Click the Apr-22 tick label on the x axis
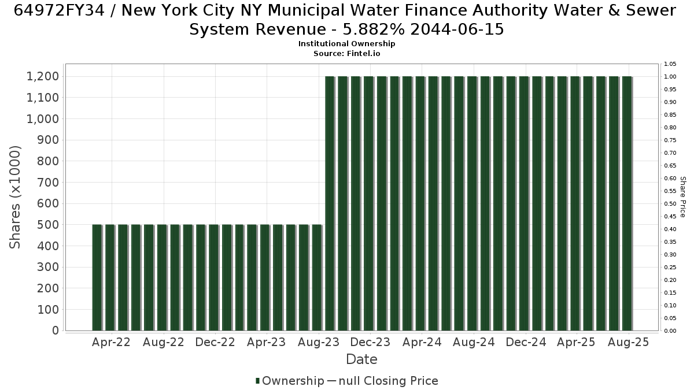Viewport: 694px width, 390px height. [x=111, y=342]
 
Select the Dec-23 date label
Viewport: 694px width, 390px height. [x=370, y=342]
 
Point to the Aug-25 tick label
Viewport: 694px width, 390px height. [x=628, y=342]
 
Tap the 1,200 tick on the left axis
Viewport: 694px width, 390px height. [x=43, y=76]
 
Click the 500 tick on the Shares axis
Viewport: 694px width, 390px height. [x=48, y=225]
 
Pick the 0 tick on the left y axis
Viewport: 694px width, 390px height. [x=56, y=330]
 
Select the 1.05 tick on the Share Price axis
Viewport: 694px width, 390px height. [x=670, y=64]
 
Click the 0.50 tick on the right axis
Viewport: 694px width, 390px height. [x=670, y=203]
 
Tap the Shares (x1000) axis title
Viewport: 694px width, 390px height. [x=15, y=197]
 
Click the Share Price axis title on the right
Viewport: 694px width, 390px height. [x=683, y=197]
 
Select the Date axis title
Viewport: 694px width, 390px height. [x=361, y=359]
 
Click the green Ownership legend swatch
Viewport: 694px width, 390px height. [x=257, y=381]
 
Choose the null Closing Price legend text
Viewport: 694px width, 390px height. [x=389, y=381]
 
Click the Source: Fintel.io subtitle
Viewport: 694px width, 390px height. [x=346, y=54]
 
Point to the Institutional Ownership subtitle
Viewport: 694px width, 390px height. [x=346, y=44]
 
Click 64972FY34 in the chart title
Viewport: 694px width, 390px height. [x=59, y=10]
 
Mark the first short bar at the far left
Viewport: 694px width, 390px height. [x=97, y=278]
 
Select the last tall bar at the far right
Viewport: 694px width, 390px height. [x=627, y=203]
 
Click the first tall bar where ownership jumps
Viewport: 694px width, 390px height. [x=330, y=203]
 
